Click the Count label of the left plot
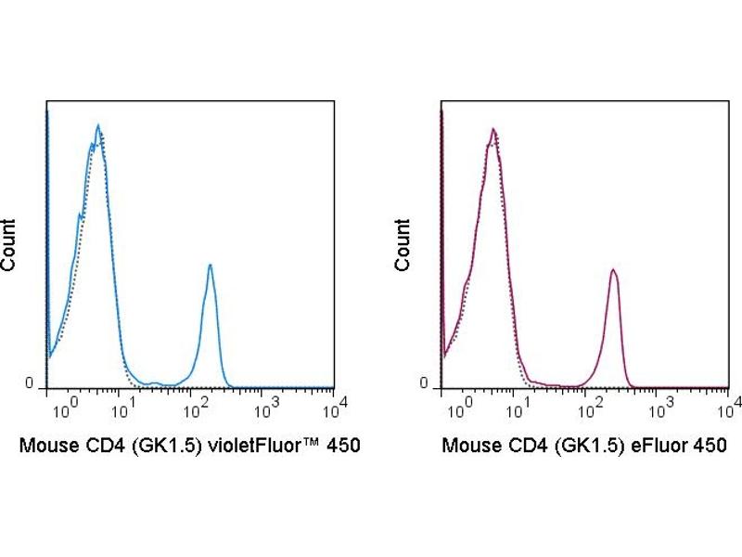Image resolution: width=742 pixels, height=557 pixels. tap(8, 244)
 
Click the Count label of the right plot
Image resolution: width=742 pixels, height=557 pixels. tap(403, 244)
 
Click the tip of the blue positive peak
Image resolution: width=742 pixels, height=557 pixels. tap(211, 265)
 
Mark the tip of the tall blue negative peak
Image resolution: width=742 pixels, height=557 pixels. tap(97, 124)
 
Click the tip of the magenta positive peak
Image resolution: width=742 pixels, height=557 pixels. tap(613, 269)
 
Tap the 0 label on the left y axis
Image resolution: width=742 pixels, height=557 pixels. tap(28, 383)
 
